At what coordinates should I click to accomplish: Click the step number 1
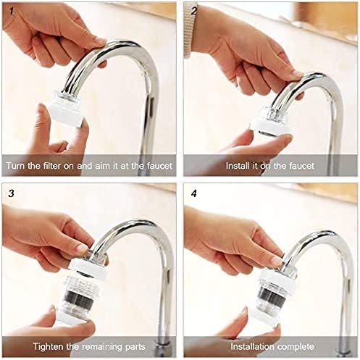pyautogui.click(x=12, y=12)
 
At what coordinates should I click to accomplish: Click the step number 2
pyautogui.click(x=194, y=12)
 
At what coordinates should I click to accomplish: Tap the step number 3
pyautogui.click(x=12, y=193)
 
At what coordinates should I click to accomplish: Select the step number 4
pyautogui.click(x=194, y=193)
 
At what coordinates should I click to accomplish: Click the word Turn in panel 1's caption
pyautogui.click(x=16, y=166)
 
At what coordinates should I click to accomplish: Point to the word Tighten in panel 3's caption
pyautogui.click(x=49, y=347)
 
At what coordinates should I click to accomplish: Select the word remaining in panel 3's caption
pyautogui.click(x=103, y=347)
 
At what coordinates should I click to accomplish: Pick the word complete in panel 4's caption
pyautogui.click(x=296, y=347)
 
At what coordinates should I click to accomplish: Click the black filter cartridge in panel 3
pyautogui.click(x=79, y=300)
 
